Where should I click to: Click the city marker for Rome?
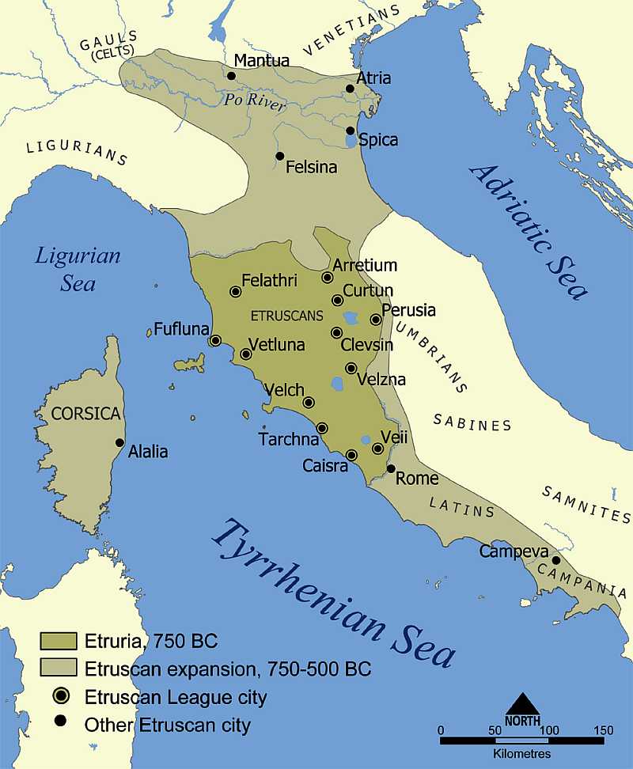click(391, 469)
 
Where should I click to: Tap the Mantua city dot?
click(231, 76)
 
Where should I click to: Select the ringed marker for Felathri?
click(235, 292)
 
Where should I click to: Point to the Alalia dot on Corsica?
click(119, 443)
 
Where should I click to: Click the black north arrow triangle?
click(523, 703)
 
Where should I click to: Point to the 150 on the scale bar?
click(603, 729)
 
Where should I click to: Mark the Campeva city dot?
click(556, 560)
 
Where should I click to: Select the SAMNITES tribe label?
click(586, 503)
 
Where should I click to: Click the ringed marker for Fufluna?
click(214, 341)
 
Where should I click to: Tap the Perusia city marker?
click(376, 320)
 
